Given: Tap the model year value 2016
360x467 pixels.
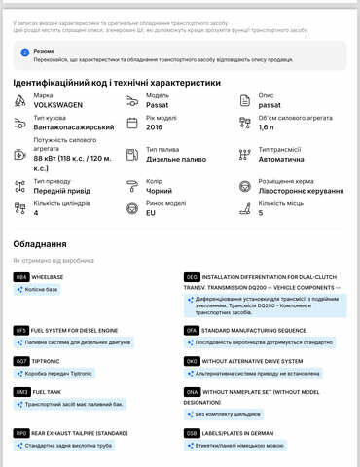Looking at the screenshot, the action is click(155, 126).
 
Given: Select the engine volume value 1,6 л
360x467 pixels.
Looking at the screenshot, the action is click(271, 127).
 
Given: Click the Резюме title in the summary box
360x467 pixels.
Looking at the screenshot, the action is click(44, 48).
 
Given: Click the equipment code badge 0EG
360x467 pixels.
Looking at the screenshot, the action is click(192, 277).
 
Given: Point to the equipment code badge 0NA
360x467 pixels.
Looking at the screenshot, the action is click(192, 390).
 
